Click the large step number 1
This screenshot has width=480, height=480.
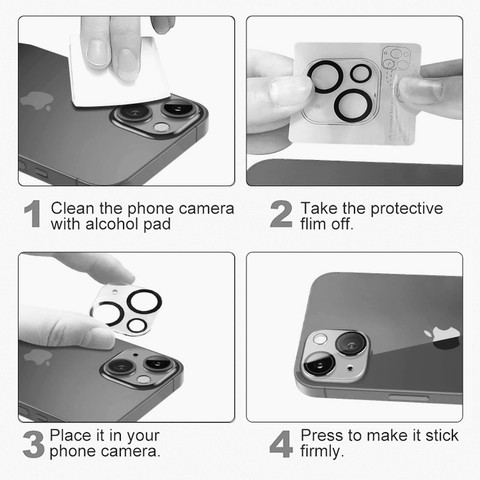click(33, 214)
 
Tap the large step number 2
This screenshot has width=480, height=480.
click(281, 214)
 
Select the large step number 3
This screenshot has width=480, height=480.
click(33, 444)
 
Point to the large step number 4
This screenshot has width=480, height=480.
click(281, 444)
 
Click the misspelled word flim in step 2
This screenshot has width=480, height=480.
click(313, 224)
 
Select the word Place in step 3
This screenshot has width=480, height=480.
click(71, 435)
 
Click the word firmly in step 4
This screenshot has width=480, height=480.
click(322, 452)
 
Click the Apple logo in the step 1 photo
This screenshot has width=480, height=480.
click(37, 100)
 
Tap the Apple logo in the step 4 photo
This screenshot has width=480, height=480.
click(442, 338)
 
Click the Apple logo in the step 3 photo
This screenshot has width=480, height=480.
click(38, 357)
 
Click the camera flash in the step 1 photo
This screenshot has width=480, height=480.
click(162, 127)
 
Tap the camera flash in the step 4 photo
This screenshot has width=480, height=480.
click(320, 339)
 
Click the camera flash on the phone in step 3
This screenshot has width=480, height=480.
click(143, 379)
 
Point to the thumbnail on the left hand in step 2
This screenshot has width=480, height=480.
click(289, 90)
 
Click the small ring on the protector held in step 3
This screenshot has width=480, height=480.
click(136, 326)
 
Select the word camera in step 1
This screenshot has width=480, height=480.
click(206, 209)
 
